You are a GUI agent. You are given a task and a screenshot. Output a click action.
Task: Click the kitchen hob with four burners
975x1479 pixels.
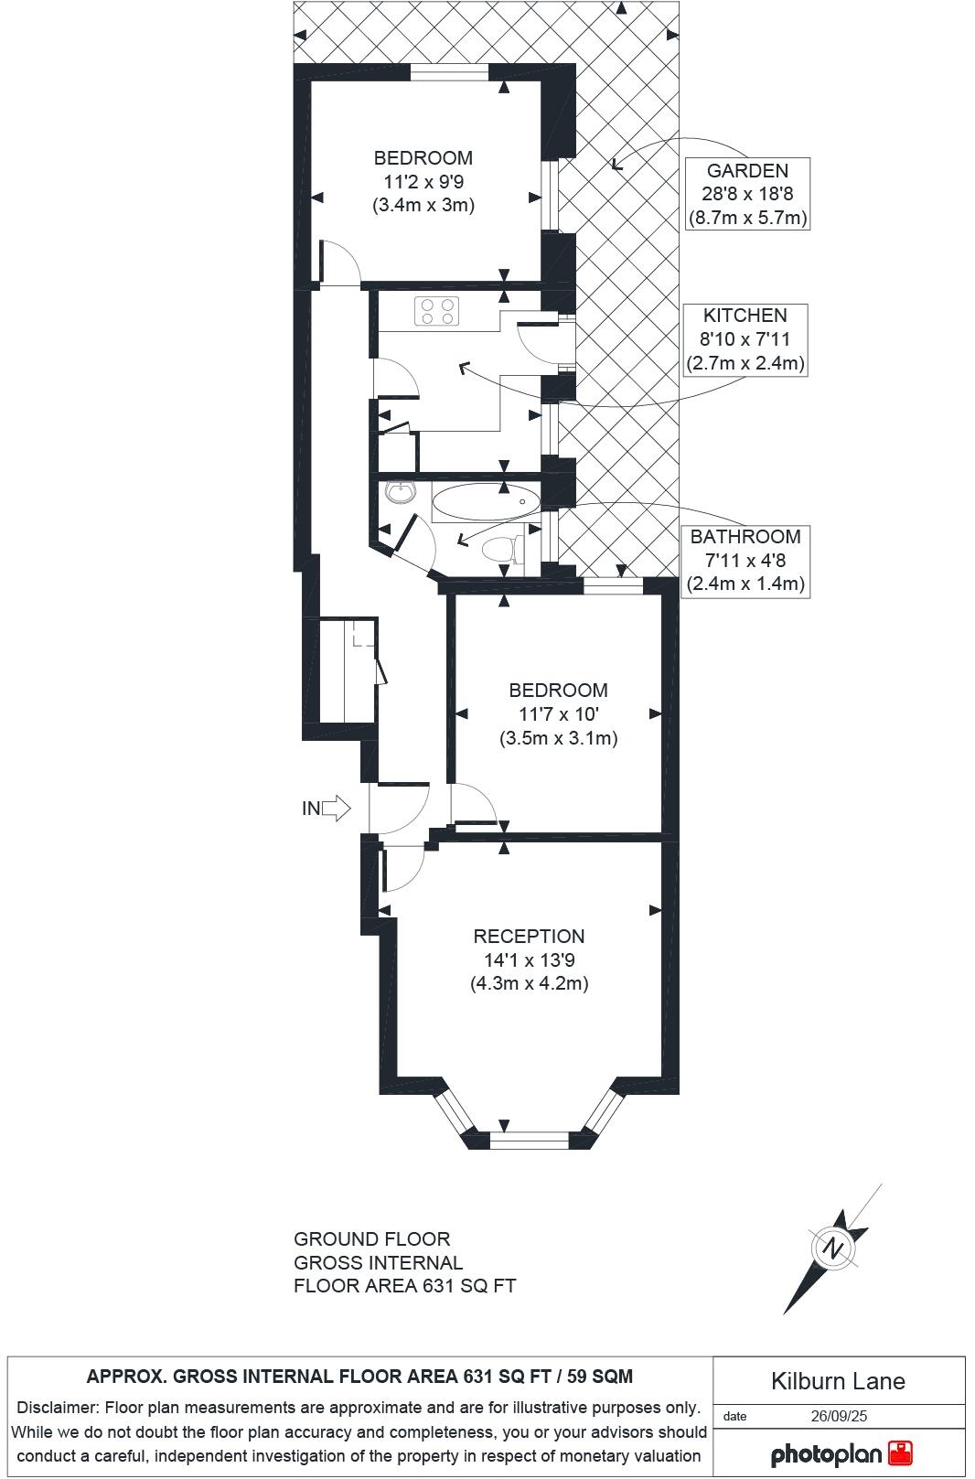tap(436, 311)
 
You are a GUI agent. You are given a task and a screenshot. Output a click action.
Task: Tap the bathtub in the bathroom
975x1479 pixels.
tap(486, 501)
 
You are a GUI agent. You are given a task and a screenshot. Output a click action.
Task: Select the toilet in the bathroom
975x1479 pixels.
tap(500, 550)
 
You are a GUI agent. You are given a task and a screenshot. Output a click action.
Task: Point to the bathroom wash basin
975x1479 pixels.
tap(400, 493)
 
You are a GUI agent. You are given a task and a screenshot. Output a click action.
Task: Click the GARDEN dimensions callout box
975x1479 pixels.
tap(746, 194)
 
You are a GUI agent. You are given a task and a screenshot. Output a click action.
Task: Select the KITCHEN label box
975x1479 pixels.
tap(745, 339)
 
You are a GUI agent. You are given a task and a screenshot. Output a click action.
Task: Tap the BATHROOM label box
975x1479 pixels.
tap(745, 560)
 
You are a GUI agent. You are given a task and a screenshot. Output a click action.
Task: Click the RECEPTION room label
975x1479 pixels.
tap(528, 936)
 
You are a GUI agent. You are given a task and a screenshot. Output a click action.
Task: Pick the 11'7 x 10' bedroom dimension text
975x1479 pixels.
tap(557, 714)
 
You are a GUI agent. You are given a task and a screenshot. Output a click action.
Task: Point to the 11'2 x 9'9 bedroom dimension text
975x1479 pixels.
tap(423, 181)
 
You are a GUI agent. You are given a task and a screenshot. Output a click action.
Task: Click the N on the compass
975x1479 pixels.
tap(832, 1248)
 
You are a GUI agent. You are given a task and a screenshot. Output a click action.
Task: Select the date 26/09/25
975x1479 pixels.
tap(839, 1416)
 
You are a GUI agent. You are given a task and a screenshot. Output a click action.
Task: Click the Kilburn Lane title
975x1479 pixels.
tap(838, 1381)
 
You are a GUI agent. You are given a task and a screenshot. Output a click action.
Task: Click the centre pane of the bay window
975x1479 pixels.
tap(530, 1140)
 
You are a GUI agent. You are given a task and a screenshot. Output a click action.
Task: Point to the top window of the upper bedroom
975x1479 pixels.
tap(449, 72)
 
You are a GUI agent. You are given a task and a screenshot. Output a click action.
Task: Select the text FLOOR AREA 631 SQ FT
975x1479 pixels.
tap(404, 1286)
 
